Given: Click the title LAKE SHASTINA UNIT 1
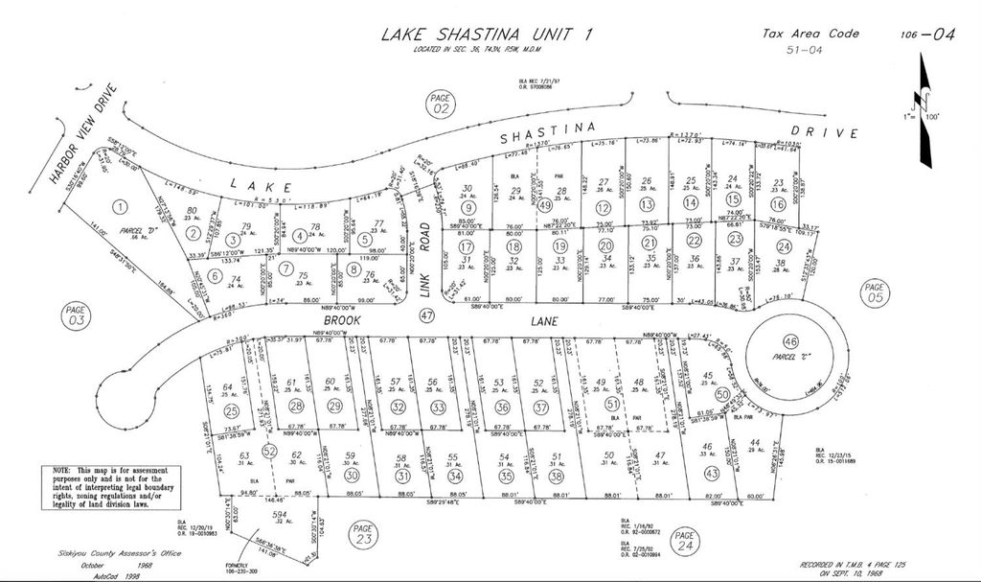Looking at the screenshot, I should point(487,35).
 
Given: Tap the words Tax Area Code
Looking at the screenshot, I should point(810,33).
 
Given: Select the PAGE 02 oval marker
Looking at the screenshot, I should point(440,105).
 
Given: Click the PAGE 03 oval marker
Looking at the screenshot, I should point(76,315).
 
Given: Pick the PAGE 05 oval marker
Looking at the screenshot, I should point(874,291).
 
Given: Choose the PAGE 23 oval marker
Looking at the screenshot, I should point(362,533).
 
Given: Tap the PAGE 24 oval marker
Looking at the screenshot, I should point(684,541).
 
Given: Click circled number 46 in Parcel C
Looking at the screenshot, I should point(791,342).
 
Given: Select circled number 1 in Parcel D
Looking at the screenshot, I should point(119,206).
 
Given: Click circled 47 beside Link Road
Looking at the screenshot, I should point(427,314).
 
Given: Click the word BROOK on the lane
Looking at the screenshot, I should point(342,317).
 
